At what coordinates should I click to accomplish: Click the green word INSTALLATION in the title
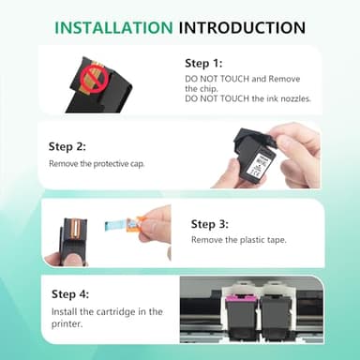pyautogui.click(x=113, y=27)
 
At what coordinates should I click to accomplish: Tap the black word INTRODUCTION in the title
pyautogui.click(x=242, y=27)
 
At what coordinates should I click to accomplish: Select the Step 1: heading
pyautogui.click(x=203, y=63)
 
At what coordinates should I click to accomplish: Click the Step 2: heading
pyautogui.click(x=67, y=146)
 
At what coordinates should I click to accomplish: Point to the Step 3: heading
pyautogui.click(x=210, y=224)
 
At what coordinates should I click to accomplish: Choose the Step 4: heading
pyautogui.click(x=70, y=294)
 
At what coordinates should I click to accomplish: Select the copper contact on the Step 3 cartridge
pyautogui.click(x=75, y=228)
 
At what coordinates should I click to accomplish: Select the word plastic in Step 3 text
pyautogui.click(x=252, y=240)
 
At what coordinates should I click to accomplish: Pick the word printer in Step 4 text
pyautogui.click(x=67, y=324)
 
